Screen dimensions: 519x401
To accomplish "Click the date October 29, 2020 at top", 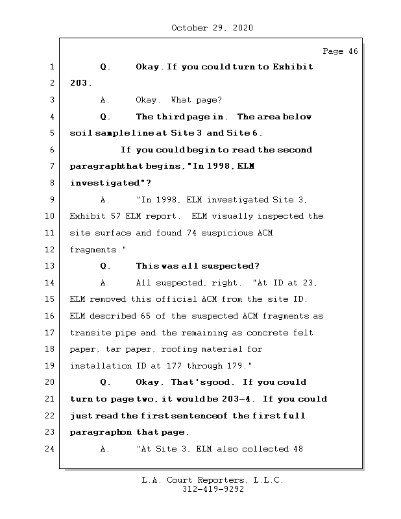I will pyautogui.click(x=212, y=28).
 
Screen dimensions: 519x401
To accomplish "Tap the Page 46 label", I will pyautogui.click(x=340, y=51).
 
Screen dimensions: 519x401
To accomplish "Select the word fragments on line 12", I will pyautogui.click(x=95, y=249).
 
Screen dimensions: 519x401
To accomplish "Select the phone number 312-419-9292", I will pyautogui.click(x=213, y=490).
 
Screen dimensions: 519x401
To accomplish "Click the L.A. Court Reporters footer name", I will pyautogui.click(x=213, y=480).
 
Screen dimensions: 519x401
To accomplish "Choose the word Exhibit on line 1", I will pyautogui.click(x=292, y=67).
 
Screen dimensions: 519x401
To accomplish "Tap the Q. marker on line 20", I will pyautogui.click(x=106, y=383).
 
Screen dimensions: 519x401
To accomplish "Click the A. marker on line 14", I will pyautogui.click(x=105, y=283).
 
